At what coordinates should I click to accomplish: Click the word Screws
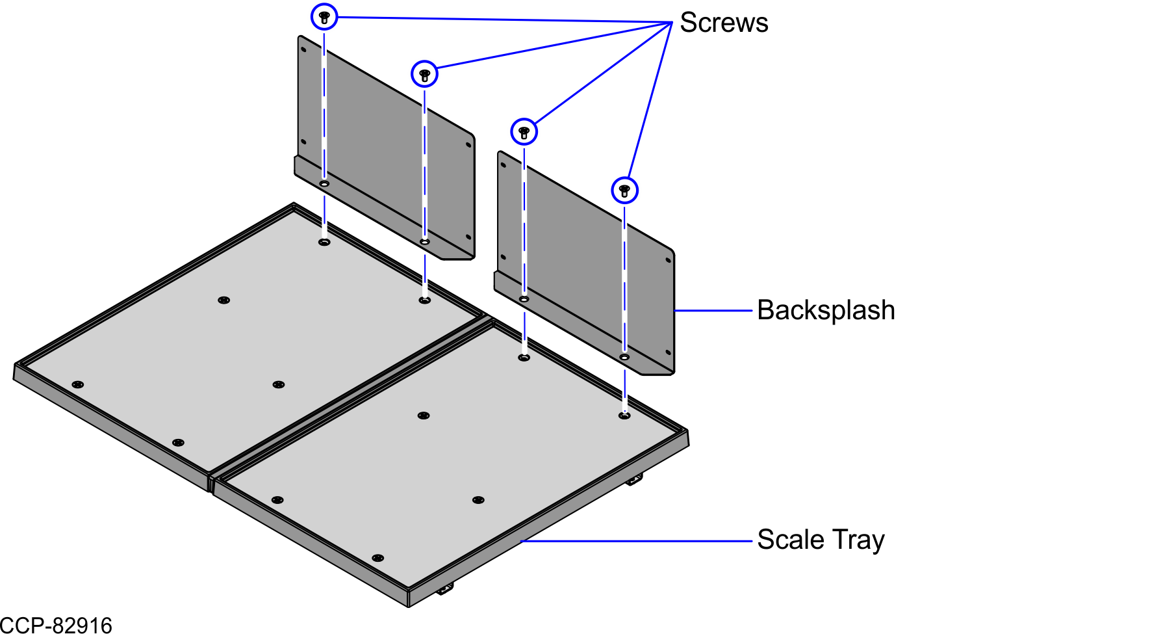724,23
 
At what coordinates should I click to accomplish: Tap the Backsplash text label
826,310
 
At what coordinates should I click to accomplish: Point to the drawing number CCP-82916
56,625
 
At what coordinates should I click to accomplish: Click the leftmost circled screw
324,17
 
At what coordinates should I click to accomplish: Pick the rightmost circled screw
624,191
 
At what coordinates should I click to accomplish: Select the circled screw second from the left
424,74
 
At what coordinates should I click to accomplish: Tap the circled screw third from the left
524,132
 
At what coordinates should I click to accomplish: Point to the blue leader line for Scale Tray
637,540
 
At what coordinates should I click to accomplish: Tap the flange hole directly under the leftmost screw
324,184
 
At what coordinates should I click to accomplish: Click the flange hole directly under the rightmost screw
624,357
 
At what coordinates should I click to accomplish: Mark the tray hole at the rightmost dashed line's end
624,415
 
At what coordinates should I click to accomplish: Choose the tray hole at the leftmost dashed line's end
324,242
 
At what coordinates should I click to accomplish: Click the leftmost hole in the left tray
77,384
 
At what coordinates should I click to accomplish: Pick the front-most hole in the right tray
377,558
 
